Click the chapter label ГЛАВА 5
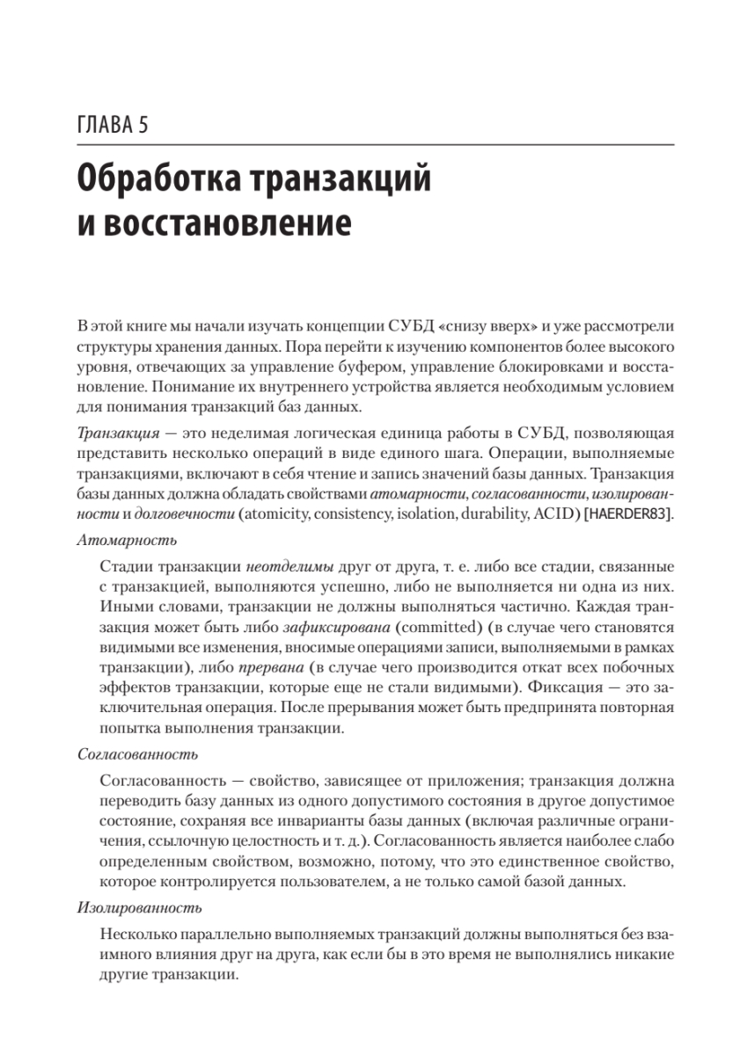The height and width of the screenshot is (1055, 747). pyautogui.click(x=112, y=125)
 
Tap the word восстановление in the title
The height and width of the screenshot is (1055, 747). pyautogui.click(x=226, y=223)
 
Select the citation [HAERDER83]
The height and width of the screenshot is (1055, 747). pyautogui.click(x=627, y=514)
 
